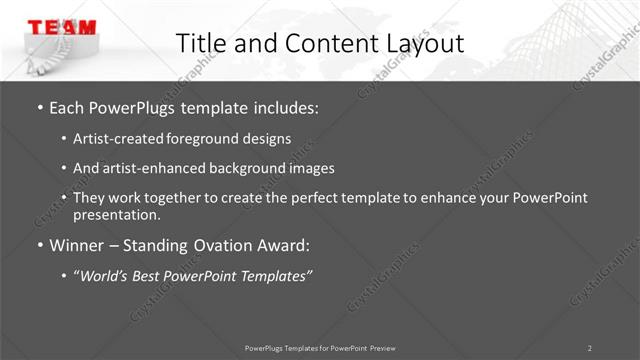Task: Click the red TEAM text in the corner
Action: pos(61,27)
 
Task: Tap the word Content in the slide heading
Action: pos(321,43)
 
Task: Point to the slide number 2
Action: pos(590,347)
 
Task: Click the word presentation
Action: pos(116,214)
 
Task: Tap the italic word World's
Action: pos(108,275)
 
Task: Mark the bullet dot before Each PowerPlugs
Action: pos(39,107)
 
